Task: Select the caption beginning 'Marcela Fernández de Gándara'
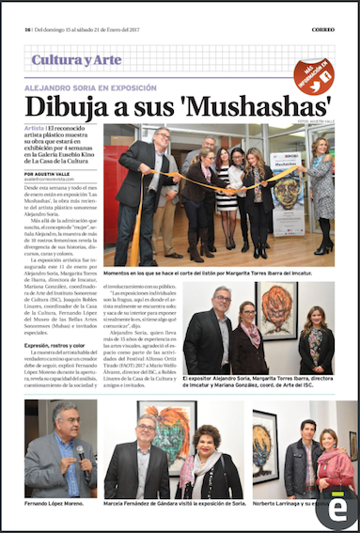(x=175, y=506)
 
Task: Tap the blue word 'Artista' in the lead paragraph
(x=37, y=127)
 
